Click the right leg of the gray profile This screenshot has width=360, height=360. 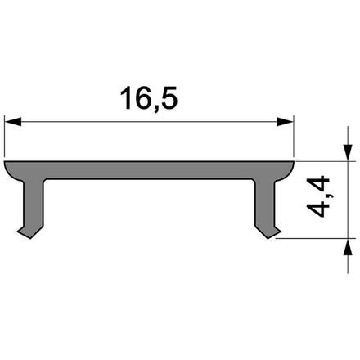pos(265,205)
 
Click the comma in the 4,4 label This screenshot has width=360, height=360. pos(326,197)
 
